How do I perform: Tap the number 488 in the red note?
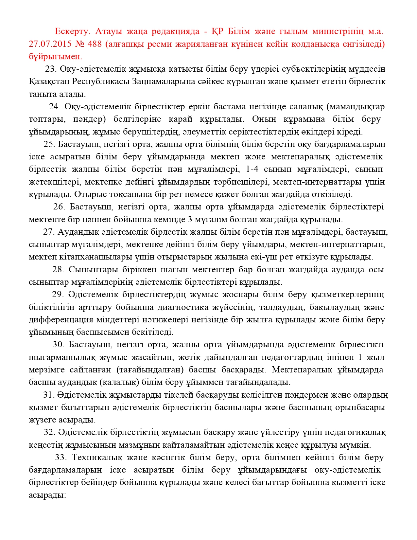tap(95, 44)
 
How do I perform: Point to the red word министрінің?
tap(338, 31)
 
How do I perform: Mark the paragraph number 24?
tap(55, 107)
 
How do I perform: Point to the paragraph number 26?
tap(59, 207)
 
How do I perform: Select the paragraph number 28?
tap(58, 270)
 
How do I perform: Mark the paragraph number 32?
tap(50, 432)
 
